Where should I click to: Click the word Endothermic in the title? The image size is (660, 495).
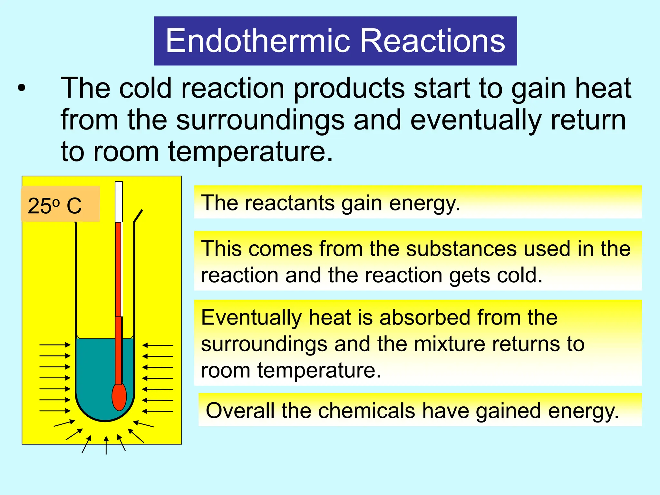click(x=257, y=41)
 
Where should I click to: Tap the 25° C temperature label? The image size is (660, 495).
click(x=55, y=206)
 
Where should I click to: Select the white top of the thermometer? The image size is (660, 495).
click(x=119, y=202)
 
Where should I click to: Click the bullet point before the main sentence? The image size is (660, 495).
click(x=21, y=88)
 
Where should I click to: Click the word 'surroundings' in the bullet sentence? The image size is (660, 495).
click(x=260, y=120)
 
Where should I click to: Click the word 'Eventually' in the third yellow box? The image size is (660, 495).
click(x=251, y=317)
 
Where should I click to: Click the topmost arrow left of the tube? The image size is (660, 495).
click(x=55, y=345)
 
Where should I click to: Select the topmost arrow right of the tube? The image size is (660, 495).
click(x=158, y=345)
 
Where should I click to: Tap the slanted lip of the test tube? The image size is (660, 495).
click(x=138, y=215)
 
